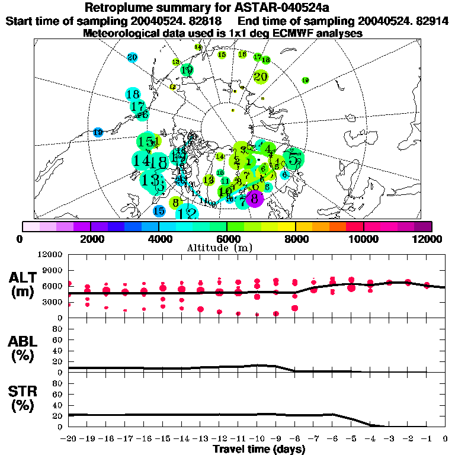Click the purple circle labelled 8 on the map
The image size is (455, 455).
click(x=254, y=198)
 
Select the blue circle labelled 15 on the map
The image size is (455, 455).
click(x=159, y=210)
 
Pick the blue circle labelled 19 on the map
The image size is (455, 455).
click(x=98, y=132)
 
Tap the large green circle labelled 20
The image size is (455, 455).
click(x=261, y=76)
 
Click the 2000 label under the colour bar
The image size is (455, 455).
click(x=90, y=239)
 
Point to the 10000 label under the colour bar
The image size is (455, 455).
click(x=364, y=239)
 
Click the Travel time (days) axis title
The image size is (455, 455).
click(x=259, y=450)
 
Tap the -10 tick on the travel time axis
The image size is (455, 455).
click(x=257, y=439)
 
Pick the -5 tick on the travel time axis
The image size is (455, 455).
click(x=351, y=439)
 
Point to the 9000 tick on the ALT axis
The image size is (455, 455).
click(x=52, y=270)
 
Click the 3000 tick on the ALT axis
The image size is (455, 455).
click(x=52, y=302)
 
